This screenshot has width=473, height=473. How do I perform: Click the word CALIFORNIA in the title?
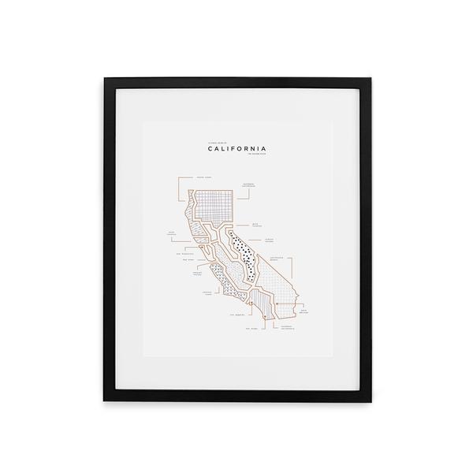pos(236,147)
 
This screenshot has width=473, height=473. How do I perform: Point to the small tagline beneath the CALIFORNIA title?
pos(254,155)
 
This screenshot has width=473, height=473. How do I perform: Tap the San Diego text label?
pos(251,329)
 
